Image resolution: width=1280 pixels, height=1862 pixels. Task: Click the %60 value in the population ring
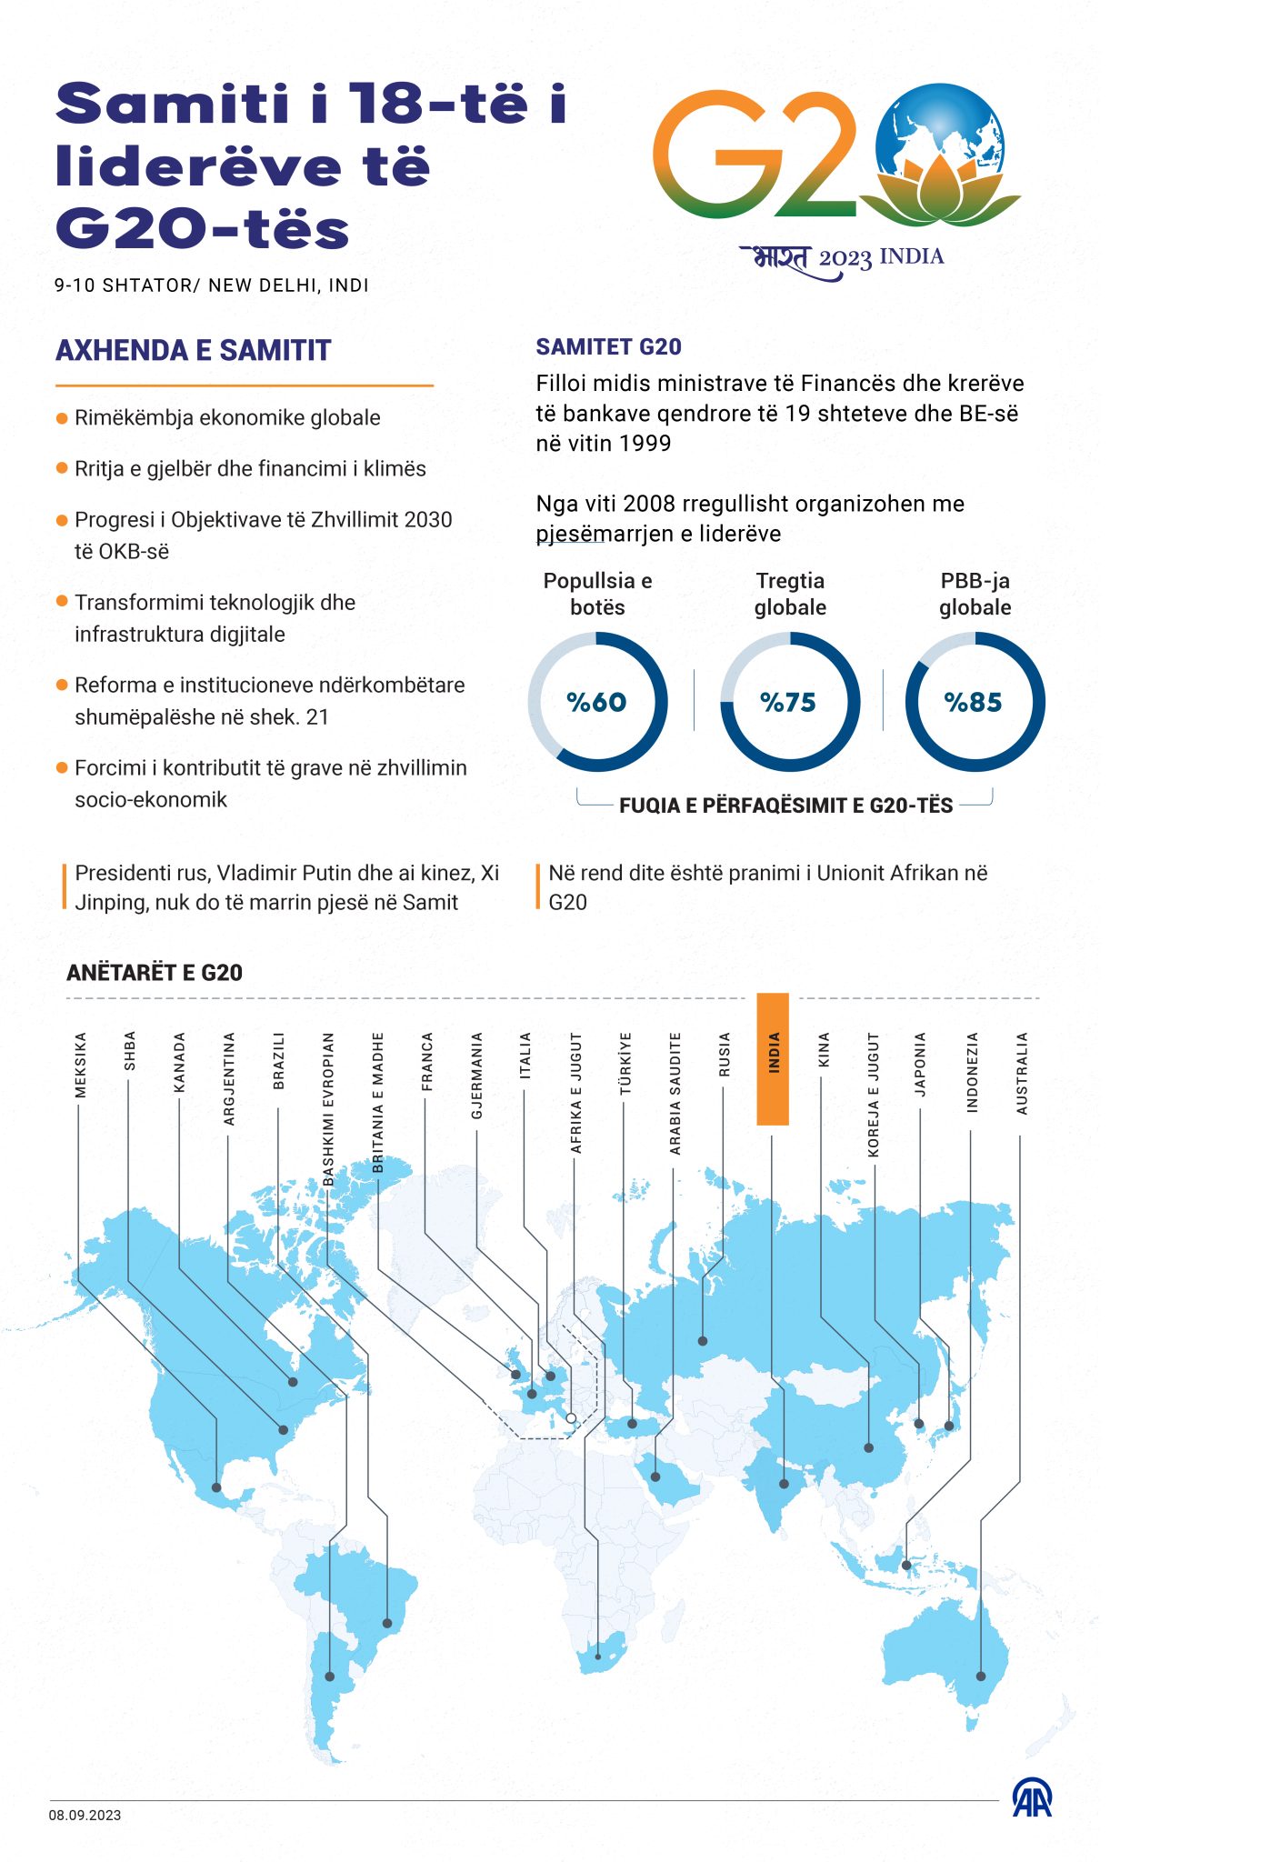[596, 702]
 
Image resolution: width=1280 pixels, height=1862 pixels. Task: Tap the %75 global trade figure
[788, 702]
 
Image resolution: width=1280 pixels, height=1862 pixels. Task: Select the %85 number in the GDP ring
[974, 702]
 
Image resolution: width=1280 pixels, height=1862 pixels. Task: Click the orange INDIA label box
[773, 1059]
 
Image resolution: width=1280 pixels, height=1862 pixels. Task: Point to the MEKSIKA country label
[80, 1065]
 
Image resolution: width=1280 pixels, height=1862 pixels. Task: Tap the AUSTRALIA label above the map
[1022, 1073]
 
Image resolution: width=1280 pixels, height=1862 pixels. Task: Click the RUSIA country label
[724, 1055]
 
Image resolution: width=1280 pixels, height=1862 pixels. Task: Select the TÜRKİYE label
[625, 1063]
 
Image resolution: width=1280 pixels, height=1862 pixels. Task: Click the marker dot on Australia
[981, 1677]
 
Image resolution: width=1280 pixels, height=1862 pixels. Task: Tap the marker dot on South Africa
[597, 1657]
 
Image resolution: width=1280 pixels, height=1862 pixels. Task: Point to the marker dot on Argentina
[329, 1677]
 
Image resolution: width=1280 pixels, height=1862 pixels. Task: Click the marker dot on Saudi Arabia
[655, 1477]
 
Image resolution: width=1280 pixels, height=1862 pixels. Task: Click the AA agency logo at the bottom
[1032, 1797]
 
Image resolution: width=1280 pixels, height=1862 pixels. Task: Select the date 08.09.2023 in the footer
[85, 1816]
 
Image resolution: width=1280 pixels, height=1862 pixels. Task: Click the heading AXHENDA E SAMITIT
[193, 350]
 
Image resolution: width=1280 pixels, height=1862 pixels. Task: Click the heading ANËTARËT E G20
[155, 973]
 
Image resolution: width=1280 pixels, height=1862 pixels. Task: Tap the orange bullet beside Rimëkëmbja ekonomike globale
[62, 418]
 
